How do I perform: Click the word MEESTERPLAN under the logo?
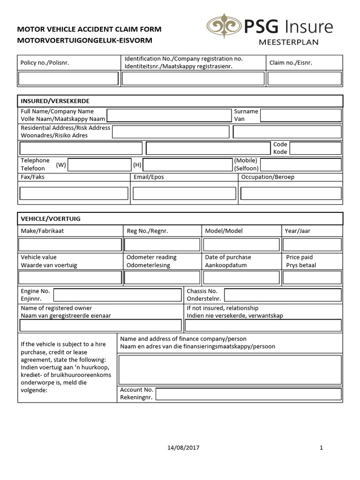(x=289, y=42)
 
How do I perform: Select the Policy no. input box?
(x=68, y=79)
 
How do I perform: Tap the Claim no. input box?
(x=304, y=79)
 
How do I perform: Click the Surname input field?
(x=300, y=115)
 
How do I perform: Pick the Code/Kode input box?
(x=315, y=149)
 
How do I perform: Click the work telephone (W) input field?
(x=99, y=165)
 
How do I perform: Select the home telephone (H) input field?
(x=187, y=165)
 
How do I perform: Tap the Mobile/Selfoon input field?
(x=300, y=165)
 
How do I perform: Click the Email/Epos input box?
(x=184, y=193)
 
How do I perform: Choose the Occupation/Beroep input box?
(x=291, y=193)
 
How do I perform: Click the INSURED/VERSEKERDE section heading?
(x=55, y=101)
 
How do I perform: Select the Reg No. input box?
(x=162, y=245)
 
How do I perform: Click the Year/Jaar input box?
(x=312, y=245)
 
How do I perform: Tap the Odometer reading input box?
(x=162, y=277)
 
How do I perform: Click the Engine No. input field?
(x=117, y=295)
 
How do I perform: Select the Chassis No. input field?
(x=283, y=295)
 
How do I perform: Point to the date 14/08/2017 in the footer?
(x=183, y=448)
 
